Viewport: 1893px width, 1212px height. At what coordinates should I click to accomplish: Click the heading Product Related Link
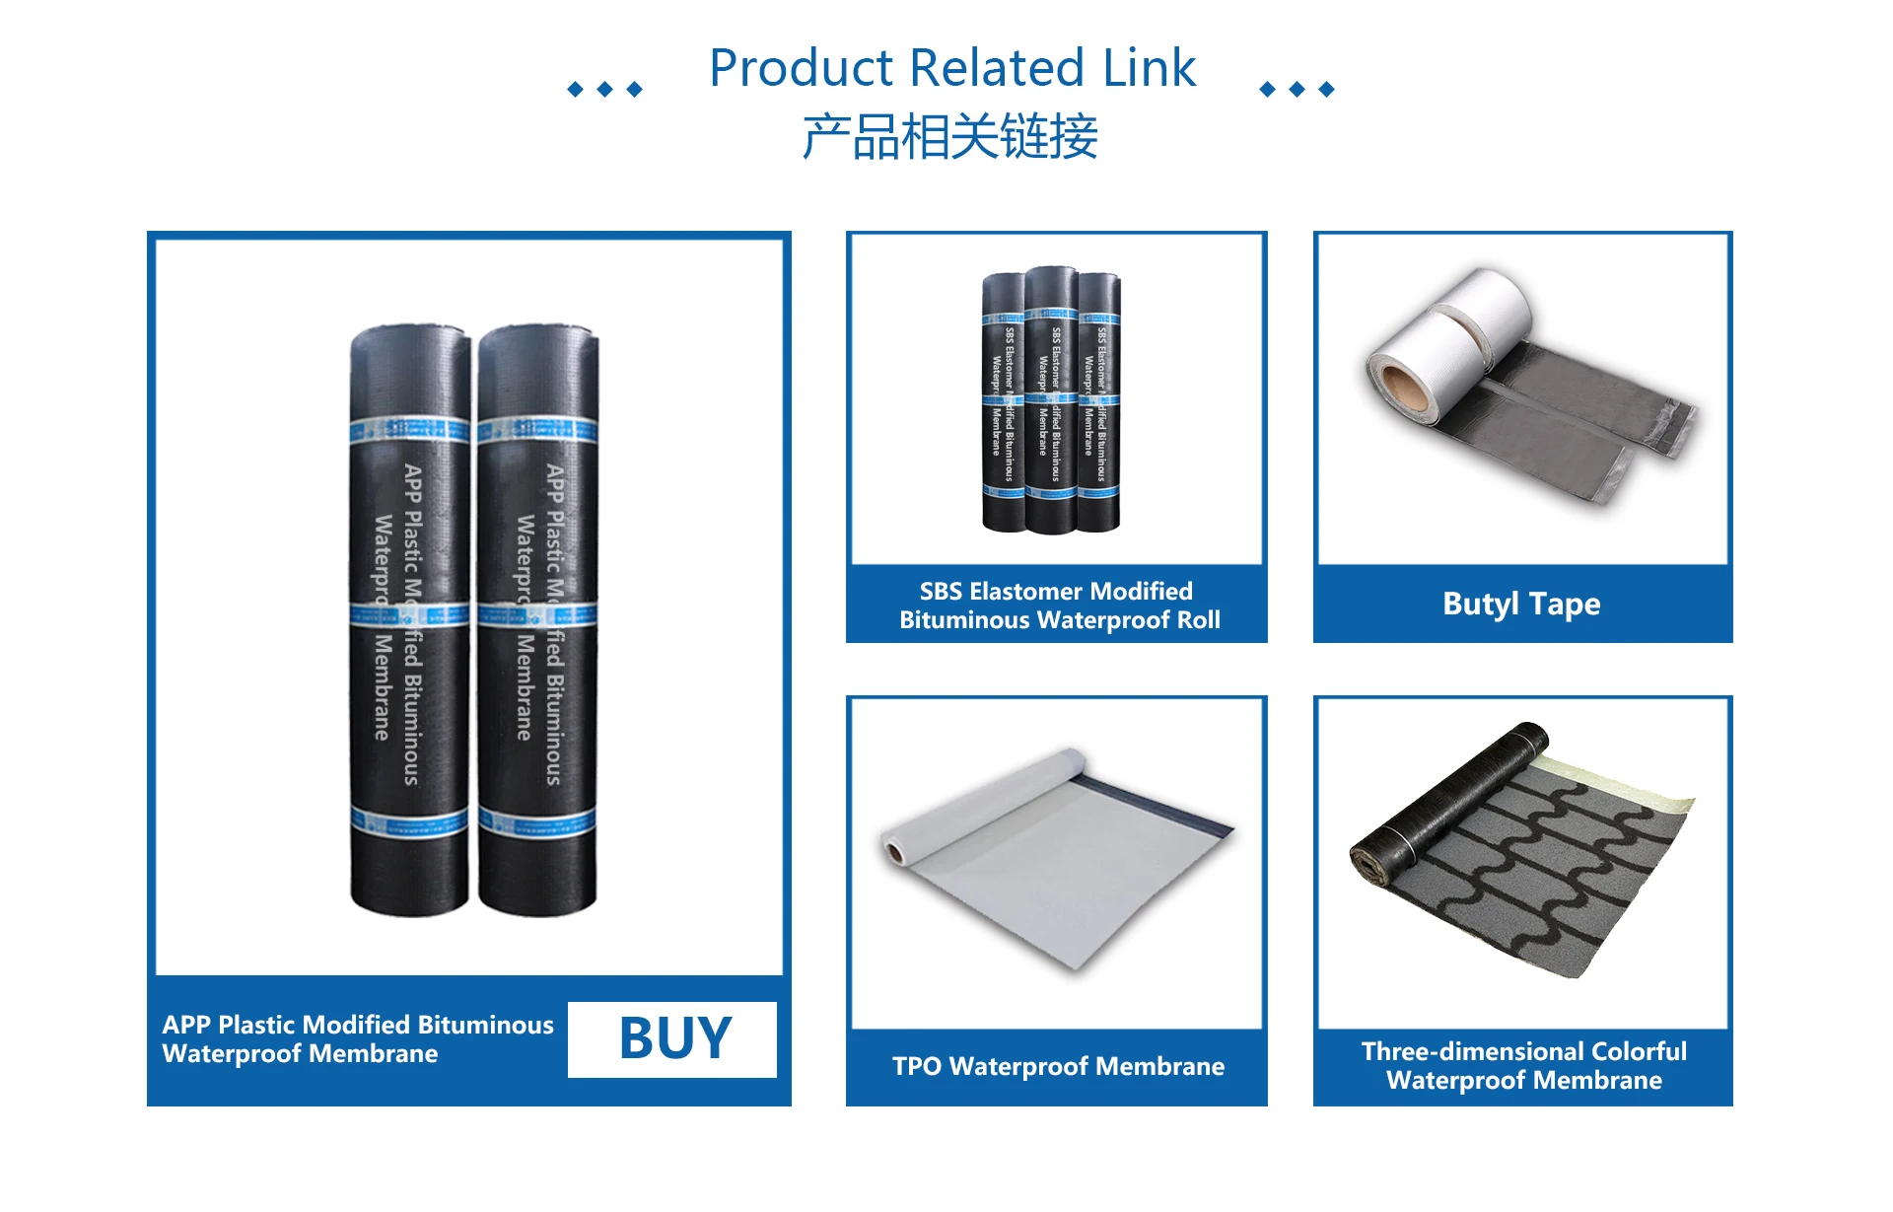pyautogui.click(x=951, y=69)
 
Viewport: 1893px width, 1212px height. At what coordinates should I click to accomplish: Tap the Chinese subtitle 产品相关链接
pyautogui.click(x=949, y=136)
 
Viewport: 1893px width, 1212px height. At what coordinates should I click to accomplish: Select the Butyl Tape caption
pyautogui.click(x=1521, y=604)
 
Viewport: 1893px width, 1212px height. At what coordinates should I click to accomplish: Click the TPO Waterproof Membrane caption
pyautogui.click(x=1058, y=1066)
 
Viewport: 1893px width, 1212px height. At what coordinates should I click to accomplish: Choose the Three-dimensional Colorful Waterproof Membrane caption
pyautogui.click(x=1523, y=1065)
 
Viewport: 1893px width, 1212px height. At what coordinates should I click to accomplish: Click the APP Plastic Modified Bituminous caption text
pyautogui.click(x=358, y=1038)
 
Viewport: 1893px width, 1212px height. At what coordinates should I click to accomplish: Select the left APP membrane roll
pyautogui.click(x=409, y=621)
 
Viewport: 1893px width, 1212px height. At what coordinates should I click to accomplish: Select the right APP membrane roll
pyautogui.click(x=537, y=621)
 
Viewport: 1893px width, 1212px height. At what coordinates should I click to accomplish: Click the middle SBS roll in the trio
pyautogui.click(x=1051, y=399)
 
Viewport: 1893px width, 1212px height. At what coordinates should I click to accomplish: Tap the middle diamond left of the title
pyautogui.click(x=605, y=90)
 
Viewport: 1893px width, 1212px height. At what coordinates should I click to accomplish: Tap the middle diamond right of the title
pyautogui.click(x=1297, y=90)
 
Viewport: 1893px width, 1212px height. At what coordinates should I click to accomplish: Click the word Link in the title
pyautogui.click(x=1149, y=69)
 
